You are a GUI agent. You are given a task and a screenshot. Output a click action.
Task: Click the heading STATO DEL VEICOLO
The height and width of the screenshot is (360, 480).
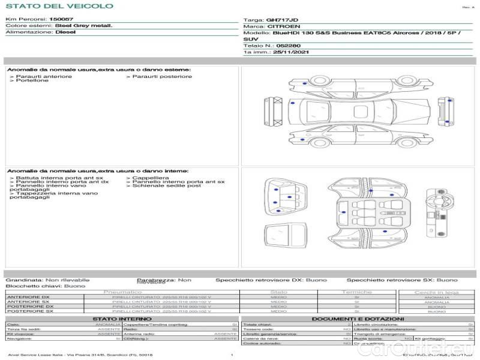tap(59, 6)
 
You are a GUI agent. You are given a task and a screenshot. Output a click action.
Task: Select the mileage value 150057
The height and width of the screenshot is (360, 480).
tap(61, 19)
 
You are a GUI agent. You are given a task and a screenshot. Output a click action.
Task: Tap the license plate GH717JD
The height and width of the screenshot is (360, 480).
tap(281, 20)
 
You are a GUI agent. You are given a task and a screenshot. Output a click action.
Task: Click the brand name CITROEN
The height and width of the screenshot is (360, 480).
tap(280, 26)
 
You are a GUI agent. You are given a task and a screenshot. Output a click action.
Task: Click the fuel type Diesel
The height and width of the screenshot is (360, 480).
tap(65, 32)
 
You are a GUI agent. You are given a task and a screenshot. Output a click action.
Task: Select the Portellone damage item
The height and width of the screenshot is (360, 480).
tap(32, 80)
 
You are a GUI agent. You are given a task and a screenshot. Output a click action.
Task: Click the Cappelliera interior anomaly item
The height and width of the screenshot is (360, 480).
tap(150, 178)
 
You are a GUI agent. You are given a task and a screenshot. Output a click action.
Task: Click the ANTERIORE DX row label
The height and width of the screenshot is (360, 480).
tap(28, 298)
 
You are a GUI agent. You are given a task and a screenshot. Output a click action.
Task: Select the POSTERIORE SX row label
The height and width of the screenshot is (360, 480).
tap(29, 311)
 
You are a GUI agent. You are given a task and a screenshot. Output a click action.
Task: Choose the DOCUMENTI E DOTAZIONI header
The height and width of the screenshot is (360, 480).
tap(358, 319)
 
